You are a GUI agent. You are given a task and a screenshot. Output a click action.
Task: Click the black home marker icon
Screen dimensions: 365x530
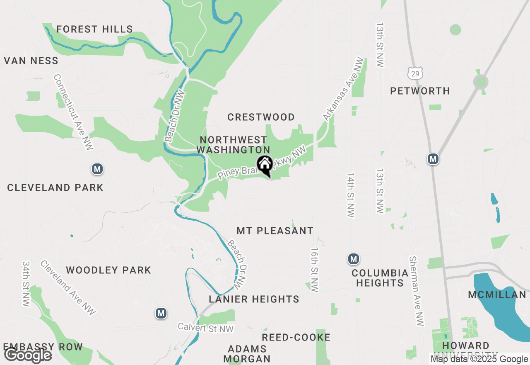(265, 165)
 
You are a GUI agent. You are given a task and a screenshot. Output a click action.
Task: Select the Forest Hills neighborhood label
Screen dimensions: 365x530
(95, 29)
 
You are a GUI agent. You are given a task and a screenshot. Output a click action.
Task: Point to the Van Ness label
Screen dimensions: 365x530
(31, 61)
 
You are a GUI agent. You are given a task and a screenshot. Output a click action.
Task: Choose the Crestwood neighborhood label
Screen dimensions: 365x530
(261, 117)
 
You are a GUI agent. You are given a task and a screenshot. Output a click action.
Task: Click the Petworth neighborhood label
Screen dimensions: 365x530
(420, 91)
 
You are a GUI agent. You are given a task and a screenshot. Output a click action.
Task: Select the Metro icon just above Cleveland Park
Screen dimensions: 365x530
(97, 169)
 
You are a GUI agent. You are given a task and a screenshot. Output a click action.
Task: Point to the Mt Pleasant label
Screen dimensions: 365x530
(275, 231)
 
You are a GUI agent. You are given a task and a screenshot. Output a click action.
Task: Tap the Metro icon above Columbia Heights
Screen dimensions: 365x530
(353, 259)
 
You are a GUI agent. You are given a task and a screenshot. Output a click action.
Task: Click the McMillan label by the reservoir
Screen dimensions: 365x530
(497, 294)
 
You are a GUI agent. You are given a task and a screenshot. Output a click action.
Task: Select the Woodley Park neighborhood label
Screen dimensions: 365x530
(108, 270)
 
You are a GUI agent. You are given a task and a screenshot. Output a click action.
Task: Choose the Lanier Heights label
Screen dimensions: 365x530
(254, 299)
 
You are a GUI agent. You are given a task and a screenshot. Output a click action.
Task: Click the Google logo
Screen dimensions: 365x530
(28, 355)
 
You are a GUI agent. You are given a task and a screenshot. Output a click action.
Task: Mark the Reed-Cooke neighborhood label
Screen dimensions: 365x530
(296, 337)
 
